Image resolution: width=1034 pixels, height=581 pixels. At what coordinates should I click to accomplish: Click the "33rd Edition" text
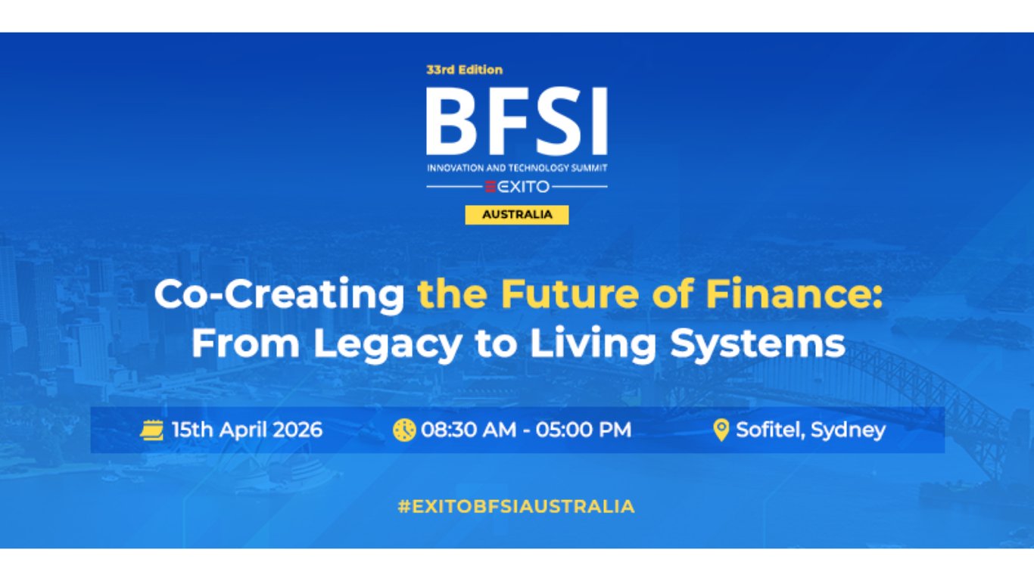(464, 70)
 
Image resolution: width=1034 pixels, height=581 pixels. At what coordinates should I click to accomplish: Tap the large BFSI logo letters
(516, 121)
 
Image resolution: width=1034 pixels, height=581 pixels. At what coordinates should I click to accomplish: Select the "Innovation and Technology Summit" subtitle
(516, 167)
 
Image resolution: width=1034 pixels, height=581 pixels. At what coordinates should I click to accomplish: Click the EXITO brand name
(518, 187)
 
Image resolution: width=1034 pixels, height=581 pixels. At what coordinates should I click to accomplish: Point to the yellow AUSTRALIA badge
(517, 215)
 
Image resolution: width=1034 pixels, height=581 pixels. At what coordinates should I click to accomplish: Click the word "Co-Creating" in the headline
(279, 295)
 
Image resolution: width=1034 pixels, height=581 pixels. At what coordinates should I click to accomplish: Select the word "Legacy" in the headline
(387, 343)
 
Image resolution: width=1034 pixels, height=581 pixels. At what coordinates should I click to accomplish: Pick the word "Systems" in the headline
(758, 343)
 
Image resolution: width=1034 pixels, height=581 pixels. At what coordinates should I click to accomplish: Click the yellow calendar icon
(151, 430)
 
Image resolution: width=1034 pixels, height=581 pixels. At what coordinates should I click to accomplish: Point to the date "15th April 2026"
(247, 430)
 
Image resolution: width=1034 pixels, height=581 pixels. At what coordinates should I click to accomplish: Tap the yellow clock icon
(404, 430)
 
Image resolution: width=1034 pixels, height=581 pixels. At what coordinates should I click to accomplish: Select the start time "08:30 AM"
(469, 430)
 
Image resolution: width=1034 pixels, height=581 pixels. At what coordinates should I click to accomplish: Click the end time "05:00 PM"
(584, 430)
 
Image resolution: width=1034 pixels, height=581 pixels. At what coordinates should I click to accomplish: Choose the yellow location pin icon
(721, 430)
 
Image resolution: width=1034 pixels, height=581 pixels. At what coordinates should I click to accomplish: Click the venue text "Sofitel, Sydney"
(811, 430)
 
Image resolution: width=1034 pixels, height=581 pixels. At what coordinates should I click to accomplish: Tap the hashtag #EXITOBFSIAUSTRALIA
(516, 507)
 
